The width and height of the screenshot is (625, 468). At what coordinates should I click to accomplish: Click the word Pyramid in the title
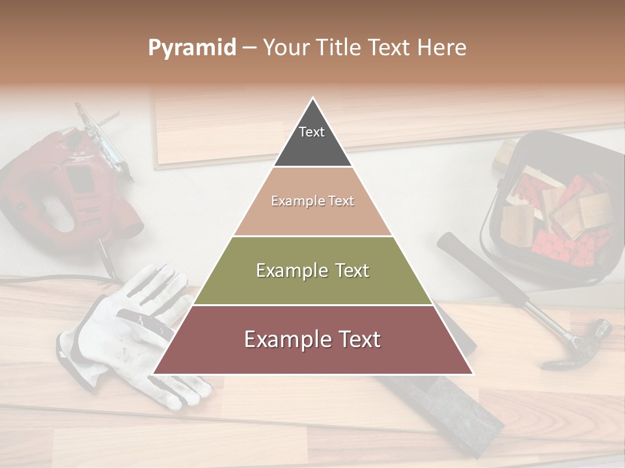[x=191, y=48]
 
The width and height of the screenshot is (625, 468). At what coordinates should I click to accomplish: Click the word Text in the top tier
[x=312, y=132]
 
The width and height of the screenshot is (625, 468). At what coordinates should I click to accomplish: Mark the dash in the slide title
[x=249, y=48]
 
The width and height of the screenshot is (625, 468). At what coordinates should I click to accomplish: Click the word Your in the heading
[x=285, y=48]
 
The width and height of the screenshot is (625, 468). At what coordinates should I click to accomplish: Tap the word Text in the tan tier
[x=340, y=201]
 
